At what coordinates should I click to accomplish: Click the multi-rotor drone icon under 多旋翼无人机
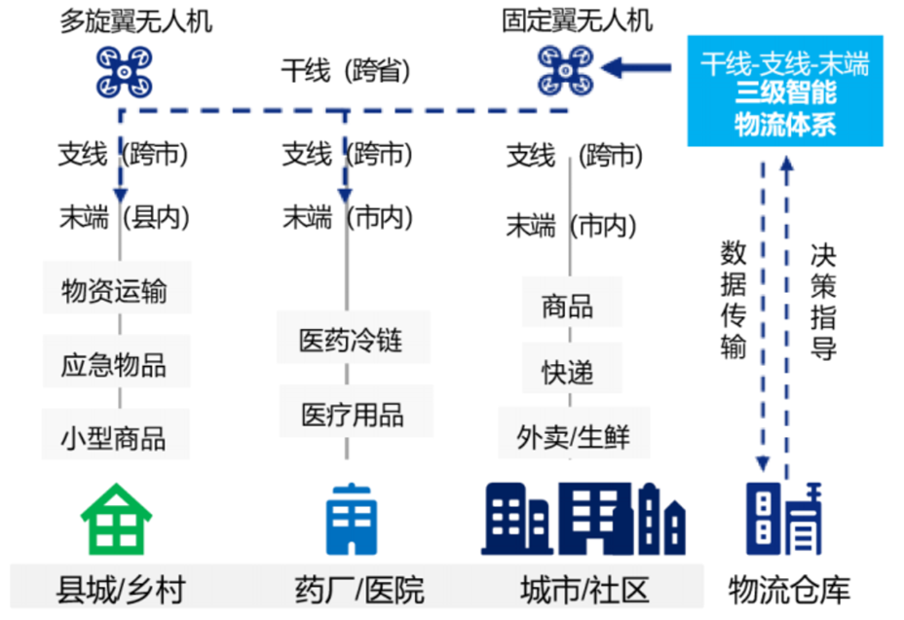click(123, 71)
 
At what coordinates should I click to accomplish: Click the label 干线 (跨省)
click(345, 71)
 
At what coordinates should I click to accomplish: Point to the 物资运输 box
click(116, 290)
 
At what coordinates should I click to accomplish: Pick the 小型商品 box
click(116, 436)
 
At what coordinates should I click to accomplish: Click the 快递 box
click(568, 372)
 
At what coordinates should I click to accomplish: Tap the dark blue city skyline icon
click(583, 518)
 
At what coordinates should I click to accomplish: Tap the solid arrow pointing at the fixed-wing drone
click(637, 68)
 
